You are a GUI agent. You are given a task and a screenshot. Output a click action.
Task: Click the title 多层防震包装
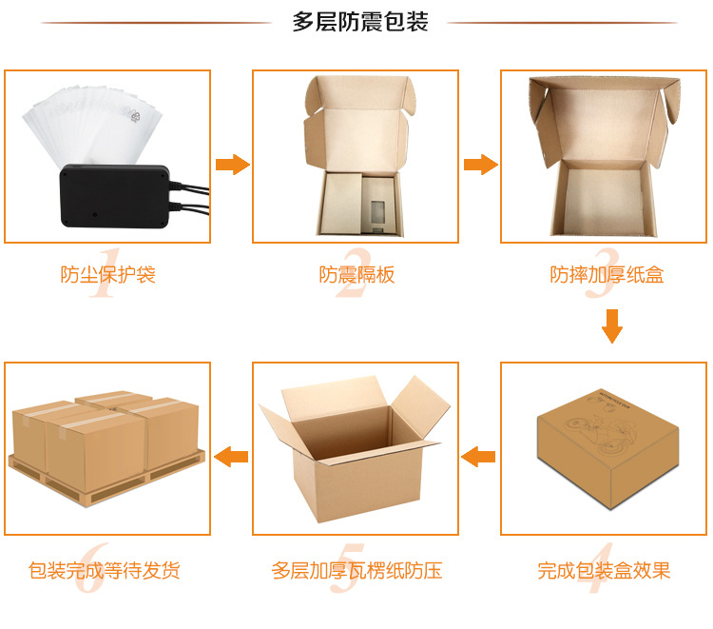tap(360, 23)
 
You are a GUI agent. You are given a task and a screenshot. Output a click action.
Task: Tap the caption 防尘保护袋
tap(107, 275)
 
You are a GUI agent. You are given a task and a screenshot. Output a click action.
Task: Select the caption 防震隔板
tap(356, 275)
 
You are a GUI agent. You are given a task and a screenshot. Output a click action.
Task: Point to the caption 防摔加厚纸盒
tap(607, 275)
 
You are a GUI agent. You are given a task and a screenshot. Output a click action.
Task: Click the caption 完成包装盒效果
tap(605, 571)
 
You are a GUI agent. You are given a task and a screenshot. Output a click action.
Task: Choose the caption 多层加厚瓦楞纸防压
tap(356, 571)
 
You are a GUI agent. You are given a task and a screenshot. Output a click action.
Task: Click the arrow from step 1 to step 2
tap(232, 166)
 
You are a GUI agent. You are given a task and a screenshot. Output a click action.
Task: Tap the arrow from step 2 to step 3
tap(480, 165)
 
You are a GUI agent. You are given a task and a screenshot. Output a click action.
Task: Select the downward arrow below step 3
tap(612, 326)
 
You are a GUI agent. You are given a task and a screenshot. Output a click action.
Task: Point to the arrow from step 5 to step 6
tap(231, 458)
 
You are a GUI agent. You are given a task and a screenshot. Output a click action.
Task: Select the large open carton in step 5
tap(352, 447)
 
